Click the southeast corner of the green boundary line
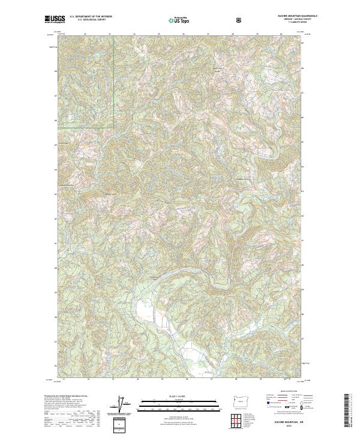[x=114, y=128]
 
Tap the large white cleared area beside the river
[x=146, y=311]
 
